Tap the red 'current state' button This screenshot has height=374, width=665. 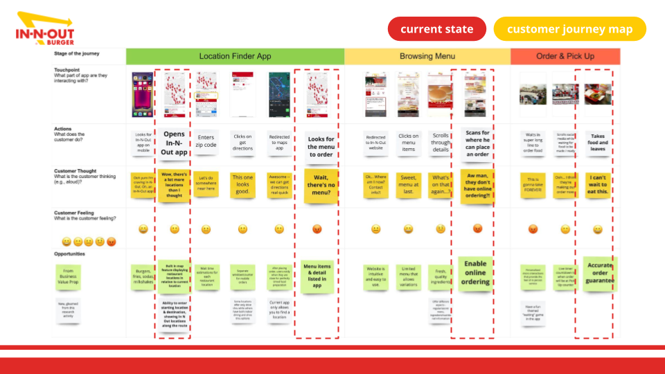pyautogui.click(x=436, y=29)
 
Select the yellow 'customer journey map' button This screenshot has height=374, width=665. pyautogui.click(x=569, y=29)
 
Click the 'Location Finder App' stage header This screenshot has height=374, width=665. pyautogui.click(x=235, y=56)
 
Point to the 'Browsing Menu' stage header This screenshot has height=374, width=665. pyautogui.click(x=427, y=56)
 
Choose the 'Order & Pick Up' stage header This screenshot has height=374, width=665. pyautogui.click(x=565, y=56)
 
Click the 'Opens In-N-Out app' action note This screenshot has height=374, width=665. pyautogui.click(x=175, y=143)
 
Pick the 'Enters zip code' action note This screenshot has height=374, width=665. pyautogui.click(x=206, y=141)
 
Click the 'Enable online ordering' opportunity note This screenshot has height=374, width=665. pyautogui.click(x=475, y=272)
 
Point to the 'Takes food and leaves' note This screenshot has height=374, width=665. pyautogui.click(x=597, y=143)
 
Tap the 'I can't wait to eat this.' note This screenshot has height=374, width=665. pyautogui.click(x=597, y=185)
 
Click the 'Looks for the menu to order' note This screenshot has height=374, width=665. pyautogui.click(x=320, y=147)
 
